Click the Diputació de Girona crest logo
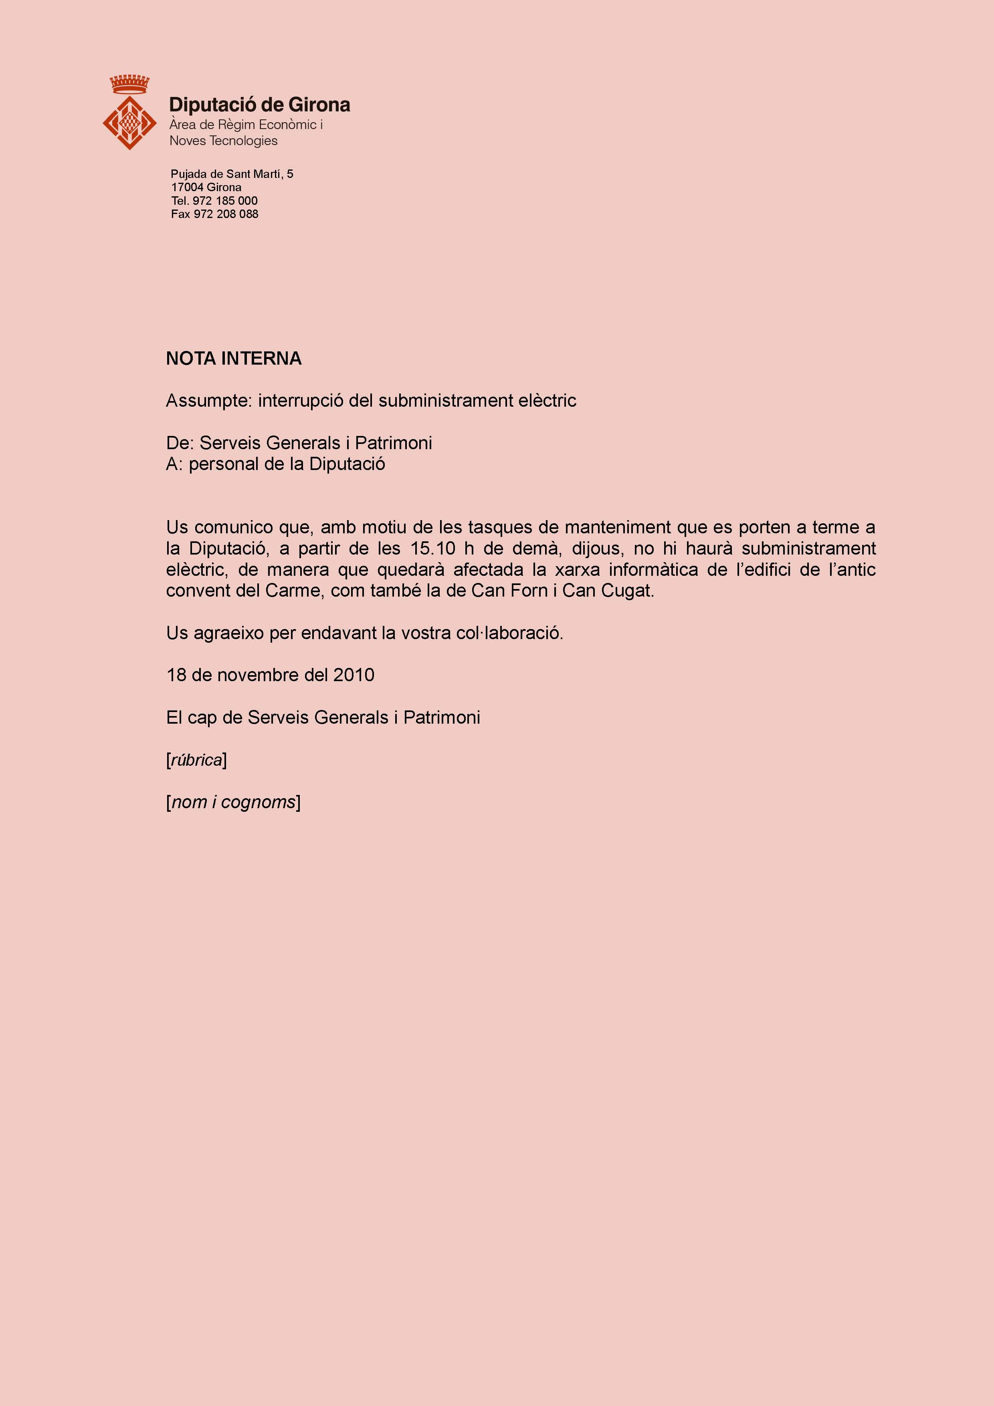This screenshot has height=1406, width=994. pos(129,122)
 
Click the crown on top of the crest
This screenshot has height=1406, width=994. pos(129,84)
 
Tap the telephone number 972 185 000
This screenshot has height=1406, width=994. pos(225,201)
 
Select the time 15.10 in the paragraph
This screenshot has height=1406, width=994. pos(433,549)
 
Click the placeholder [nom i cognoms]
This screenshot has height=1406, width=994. pos(233,802)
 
